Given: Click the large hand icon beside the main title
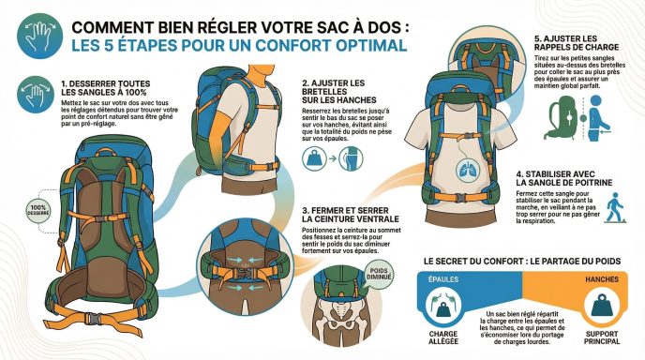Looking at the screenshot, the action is click(40, 37).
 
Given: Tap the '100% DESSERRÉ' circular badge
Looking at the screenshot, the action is click(38, 210).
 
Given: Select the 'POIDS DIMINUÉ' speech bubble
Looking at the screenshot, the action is click(379, 275).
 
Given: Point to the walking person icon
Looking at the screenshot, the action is click(615, 207).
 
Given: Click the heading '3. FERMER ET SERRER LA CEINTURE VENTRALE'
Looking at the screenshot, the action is click(350, 215).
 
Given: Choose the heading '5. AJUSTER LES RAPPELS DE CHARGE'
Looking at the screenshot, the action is click(577, 43).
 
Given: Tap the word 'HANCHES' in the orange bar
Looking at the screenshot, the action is click(602, 279).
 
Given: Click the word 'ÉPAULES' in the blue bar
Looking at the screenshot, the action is click(443, 279).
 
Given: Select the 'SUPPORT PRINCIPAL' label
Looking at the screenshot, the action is click(602, 337).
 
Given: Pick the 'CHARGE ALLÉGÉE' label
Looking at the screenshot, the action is click(443, 337).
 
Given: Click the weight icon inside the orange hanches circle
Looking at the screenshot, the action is click(602, 305).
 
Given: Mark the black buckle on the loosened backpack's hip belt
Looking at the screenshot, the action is click(94, 319).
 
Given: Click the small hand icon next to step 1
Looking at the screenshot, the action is click(36, 94).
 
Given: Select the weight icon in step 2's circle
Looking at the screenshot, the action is click(314, 158).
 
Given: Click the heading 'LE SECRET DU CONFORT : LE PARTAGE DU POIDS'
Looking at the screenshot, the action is click(522, 262).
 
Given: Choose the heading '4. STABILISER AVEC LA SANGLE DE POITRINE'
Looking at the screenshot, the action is click(564, 178).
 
